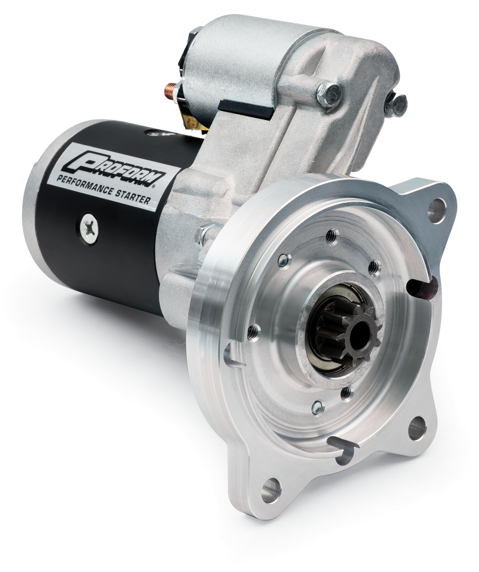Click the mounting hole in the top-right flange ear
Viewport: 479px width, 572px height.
[x=436, y=206]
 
